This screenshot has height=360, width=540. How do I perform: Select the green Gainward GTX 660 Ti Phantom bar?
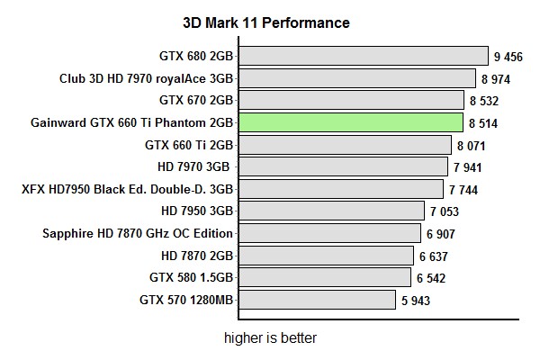(x=351, y=122)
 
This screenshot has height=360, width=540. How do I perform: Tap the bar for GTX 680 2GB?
(x=364, y=57)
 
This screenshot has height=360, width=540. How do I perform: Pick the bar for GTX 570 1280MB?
(x=317, y=300)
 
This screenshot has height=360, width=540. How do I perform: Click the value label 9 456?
(x=508, y=57)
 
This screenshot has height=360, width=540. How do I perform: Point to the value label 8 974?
(x=497, y=78)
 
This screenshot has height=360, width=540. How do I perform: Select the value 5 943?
(x=416, y=300)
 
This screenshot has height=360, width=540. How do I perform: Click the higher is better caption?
(x=270, y=338)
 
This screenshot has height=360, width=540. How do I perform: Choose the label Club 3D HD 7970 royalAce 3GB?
(x=147, y=78)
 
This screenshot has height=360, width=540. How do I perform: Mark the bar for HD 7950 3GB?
(x=331, y=211)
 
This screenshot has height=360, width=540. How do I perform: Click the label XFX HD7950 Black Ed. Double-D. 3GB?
(x=128, y=189)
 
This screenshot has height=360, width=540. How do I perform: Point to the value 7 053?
(x=445, y=211)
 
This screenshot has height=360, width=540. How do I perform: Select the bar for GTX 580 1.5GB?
(x=325, y=277)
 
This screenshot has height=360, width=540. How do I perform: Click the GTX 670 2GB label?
(x=196, y=100)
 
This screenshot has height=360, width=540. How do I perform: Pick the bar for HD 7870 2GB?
(x=327, y=256)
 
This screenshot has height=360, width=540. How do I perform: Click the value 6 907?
(x=441, y=233)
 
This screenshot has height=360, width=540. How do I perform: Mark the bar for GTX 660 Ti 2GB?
(x=345, y=145)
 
